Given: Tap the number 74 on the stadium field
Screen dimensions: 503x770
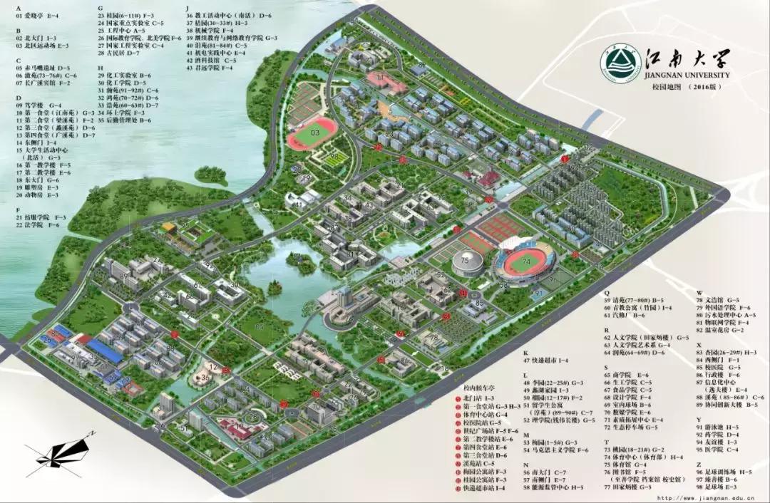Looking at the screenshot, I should (x=527, y=261).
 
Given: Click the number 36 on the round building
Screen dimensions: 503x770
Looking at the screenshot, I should (x=205, y=377).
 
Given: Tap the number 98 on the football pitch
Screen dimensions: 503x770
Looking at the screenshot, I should (x=334, y=155).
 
